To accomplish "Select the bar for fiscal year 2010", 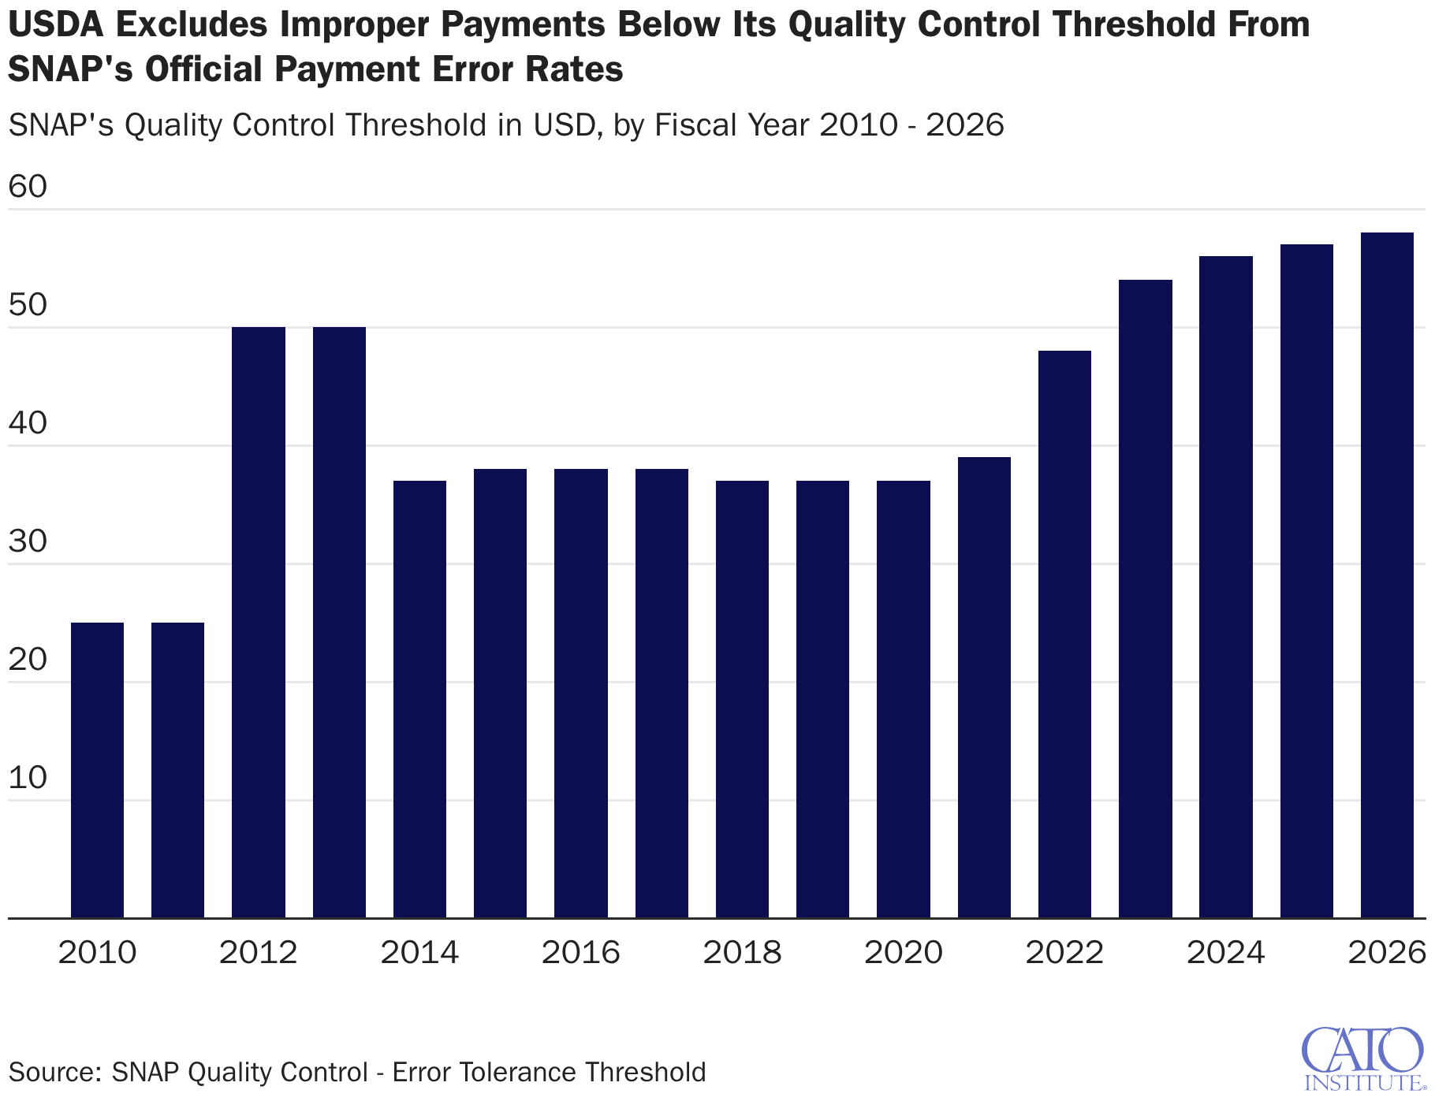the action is click(97, 770).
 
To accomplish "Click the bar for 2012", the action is click(259, 623).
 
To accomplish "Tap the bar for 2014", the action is click(419, 699).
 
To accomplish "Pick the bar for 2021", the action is click(984, 687).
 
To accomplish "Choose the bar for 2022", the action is click(1064, 634).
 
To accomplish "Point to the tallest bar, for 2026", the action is click(1387, 575).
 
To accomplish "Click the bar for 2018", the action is click(742, 699).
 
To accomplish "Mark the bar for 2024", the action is click(1226, 587).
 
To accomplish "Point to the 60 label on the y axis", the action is click(28, 187).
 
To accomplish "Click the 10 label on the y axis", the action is click(28, 778).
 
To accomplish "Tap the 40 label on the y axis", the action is click(28, 423).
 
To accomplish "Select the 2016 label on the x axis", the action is click(581, 953).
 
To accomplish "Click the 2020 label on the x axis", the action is click(904, 953).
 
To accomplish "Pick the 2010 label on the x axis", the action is click(98, 953).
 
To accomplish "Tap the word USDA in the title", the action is click(56, 25).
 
